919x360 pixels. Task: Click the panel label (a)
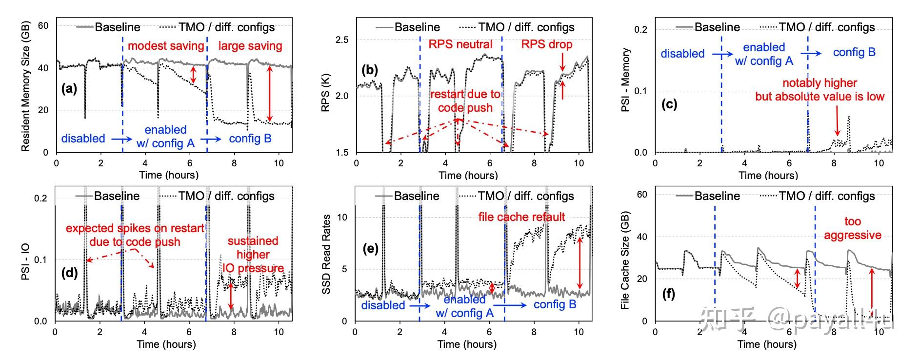pyautogui.click(x=69, y=89)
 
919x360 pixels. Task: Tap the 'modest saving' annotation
pyautogui.click(x=166, y=46)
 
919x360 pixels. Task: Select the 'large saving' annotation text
pyautogui.click(x=250, y=46)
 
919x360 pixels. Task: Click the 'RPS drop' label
pyautogui.click(x=547, y=44)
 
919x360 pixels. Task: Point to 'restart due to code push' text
pyautogui.click(x=465, y=101)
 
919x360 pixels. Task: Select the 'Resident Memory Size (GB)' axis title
pyautogui.click(x=26, y=86)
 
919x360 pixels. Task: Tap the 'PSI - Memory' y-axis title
pyautogui.click(x=625, y=80)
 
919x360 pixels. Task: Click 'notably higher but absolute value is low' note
pyautogui.click(x=819, y=90)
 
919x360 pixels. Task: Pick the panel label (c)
pyautogui.click(x=669, y=104)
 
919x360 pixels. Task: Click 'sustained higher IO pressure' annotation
pyautogui.click(x=253, y=254)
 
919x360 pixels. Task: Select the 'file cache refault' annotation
pyautogui.click(x=521, y=217)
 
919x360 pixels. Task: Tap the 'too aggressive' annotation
pyautogui.click(x=852, y=228)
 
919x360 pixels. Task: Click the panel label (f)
pyautogui.click(x=668, y=294)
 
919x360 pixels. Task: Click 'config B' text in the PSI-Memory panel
pyautogui.click(x=854, y=52)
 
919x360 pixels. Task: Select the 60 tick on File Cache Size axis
pyautogui.click(x=642, y=195)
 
